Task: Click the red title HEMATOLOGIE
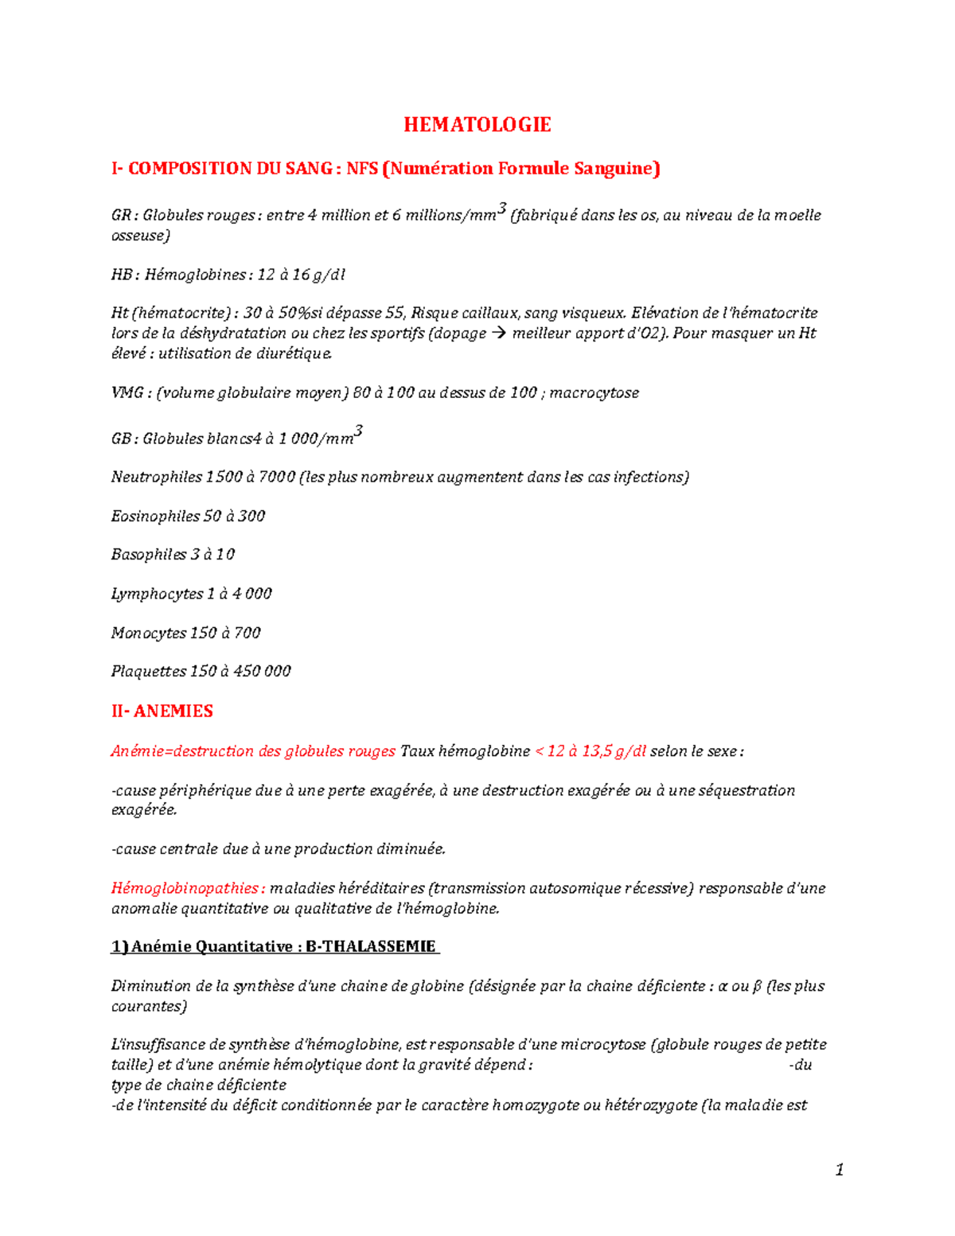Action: (x=477, y=125)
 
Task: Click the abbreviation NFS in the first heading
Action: (x=362, y=169)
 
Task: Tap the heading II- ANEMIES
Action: (x=162, y=711)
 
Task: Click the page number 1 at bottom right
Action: (x=839, y=1169)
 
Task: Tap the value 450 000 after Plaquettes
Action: (x=262, y=672)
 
